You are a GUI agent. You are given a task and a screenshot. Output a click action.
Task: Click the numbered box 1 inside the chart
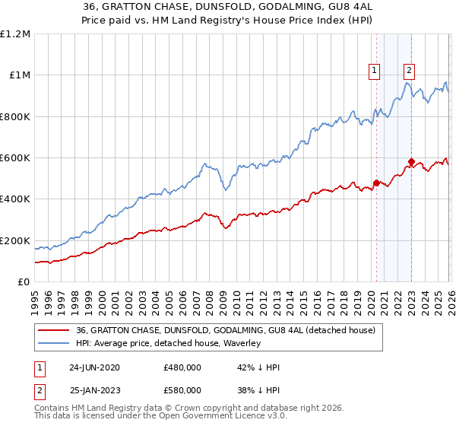tap(375, 72)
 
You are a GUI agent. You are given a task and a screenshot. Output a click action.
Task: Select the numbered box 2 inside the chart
tap(409, 72)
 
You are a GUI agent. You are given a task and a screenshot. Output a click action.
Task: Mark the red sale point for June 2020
tap(375, 183)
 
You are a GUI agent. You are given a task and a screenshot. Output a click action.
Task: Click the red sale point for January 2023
tap(410, 161)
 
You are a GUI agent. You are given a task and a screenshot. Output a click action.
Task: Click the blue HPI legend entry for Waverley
tap(168, 344)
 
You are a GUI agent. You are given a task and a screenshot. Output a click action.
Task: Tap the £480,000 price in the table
tap(182, 367)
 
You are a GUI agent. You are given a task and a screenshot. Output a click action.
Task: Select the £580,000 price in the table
tap(182, 393)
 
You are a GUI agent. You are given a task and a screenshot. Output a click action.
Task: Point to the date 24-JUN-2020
tap(94, 367)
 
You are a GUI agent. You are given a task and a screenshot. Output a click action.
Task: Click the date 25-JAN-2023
tap(94, 393)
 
